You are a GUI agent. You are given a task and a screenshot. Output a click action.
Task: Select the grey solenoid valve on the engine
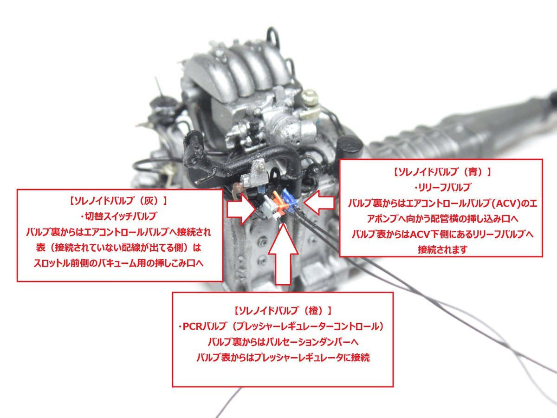click(267, 204)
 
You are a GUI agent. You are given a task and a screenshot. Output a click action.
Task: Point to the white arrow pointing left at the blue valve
click(319, 203)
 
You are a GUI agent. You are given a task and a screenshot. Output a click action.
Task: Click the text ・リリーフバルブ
click(442, 188)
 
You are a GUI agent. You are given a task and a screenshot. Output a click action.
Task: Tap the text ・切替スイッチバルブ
click(118, 216)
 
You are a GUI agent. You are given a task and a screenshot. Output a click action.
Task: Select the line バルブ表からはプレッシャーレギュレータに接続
click(283, 358)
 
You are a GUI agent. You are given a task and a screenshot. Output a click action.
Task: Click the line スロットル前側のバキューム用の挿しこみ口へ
click(118, 263)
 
